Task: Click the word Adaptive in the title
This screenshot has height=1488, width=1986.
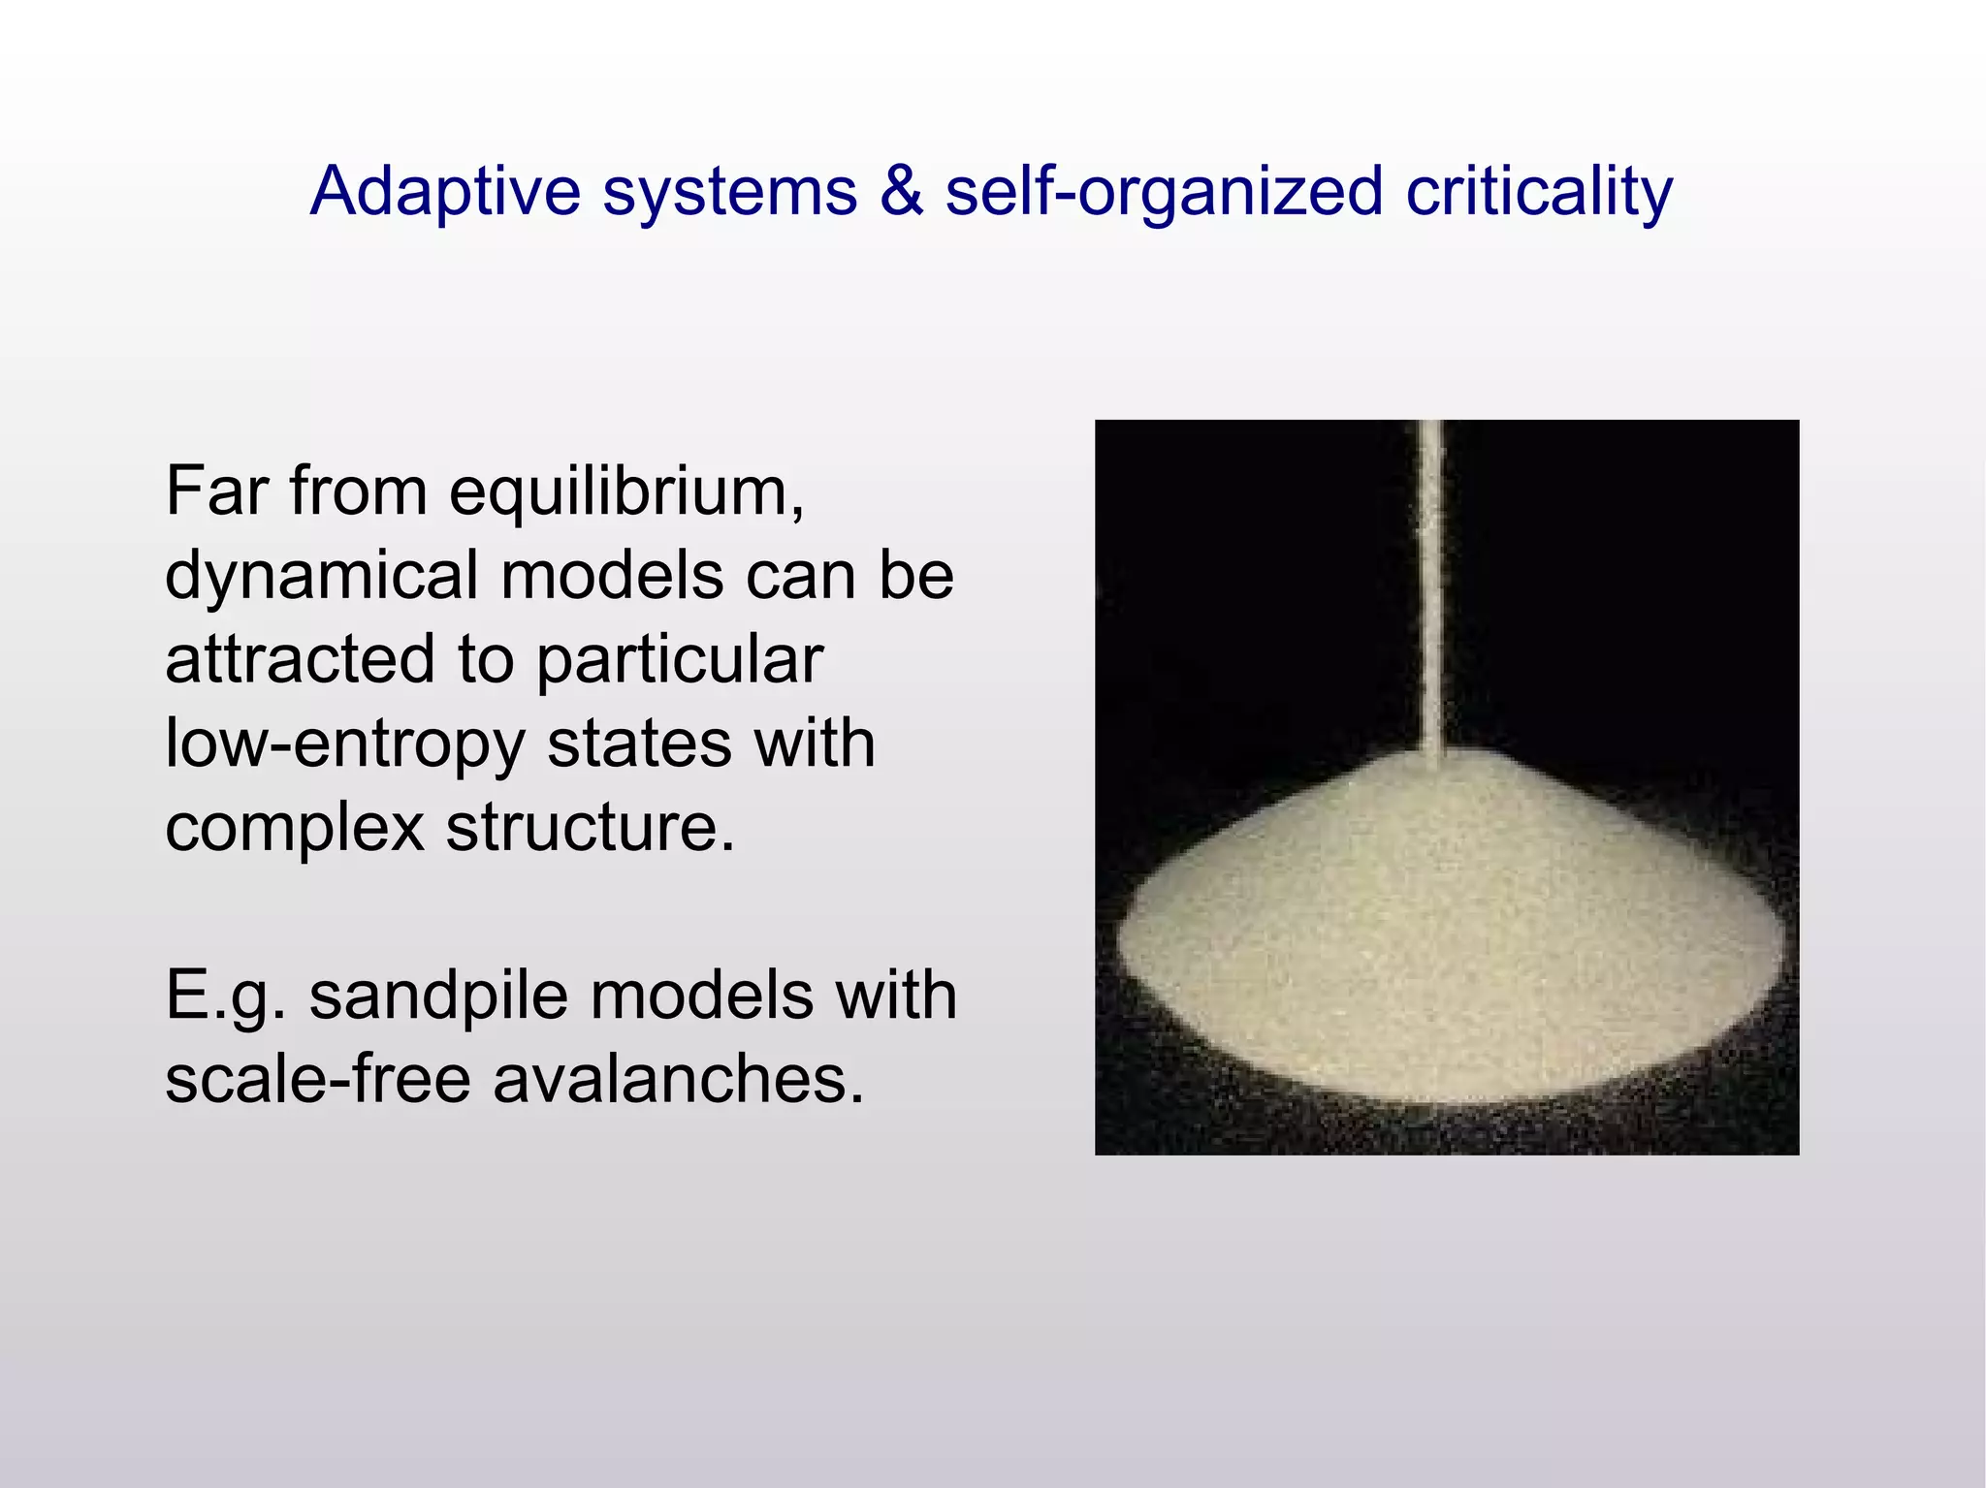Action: (445, 191)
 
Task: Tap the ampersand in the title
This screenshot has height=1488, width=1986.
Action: (901, 191)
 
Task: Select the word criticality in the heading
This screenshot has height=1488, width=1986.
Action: (1539, 191)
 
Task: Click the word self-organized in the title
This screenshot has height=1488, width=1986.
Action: (1164, 191)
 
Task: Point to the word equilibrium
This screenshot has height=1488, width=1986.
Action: (626, 492)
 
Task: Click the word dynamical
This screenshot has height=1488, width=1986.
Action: (321, 576)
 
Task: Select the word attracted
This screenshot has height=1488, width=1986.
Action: (300, 659)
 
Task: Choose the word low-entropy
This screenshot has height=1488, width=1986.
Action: (344, 744)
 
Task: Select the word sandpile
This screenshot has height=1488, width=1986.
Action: (438, 997)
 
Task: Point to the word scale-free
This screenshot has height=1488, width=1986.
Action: (318, 1079)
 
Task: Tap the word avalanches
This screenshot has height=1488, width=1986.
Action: (678, 1079)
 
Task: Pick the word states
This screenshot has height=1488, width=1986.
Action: (638, 744)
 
